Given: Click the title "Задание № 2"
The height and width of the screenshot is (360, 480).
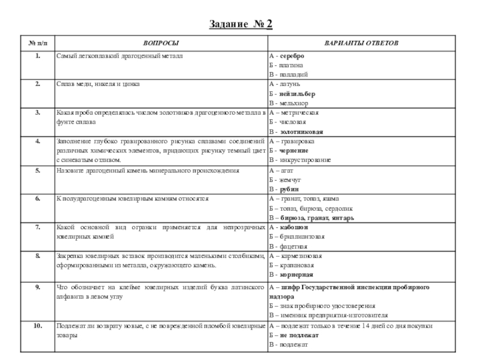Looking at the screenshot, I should click(241, 24).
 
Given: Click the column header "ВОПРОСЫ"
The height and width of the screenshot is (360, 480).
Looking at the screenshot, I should click(160, 44).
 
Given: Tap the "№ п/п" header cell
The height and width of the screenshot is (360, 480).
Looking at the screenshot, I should click(37, 44).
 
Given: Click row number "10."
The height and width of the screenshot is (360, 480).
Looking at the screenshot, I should click(37, 326).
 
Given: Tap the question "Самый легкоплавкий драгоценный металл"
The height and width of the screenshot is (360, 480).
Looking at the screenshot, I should click(119, 56).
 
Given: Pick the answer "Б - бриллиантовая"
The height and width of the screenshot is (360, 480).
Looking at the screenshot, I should click(298, 237).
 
